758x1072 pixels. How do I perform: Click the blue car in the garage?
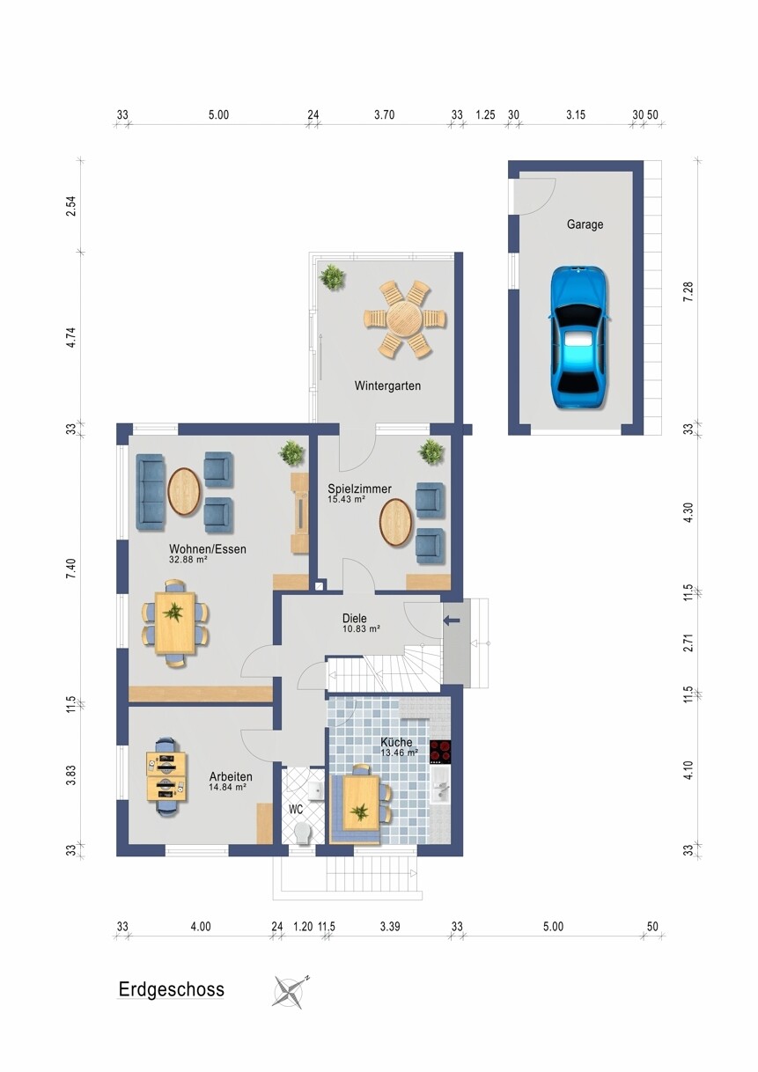coord(579,337)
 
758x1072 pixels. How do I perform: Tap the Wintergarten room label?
coord(387,385)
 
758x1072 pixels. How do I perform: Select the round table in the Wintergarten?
coord(405,319)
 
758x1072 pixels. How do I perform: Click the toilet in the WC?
coord(302,833)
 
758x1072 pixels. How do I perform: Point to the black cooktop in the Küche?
coord(440,752)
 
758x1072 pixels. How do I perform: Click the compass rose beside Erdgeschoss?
coord(291,990)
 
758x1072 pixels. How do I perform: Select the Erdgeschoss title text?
coord(171,989)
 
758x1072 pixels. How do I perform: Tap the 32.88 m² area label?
coord(188,559)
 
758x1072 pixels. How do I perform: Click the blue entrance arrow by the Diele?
coord(452,620)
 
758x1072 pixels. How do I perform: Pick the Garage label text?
coord(585,224)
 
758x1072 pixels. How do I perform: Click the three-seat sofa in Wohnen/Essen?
coord(151,492)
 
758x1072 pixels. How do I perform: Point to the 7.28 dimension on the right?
coord(688,291)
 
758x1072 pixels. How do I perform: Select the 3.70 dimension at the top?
coord(384,114)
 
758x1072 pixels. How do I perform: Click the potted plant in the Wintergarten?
coord(332,276)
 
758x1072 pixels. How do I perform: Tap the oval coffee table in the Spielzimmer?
coord(396,523)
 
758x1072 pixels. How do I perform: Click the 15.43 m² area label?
coord(346,499)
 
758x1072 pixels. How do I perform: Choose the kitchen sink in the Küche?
coord(440,790)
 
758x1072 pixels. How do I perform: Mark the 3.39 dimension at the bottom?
coord(390,927)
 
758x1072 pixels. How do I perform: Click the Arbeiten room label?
coord(231,776)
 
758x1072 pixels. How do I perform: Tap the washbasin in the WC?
coord(315,790)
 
